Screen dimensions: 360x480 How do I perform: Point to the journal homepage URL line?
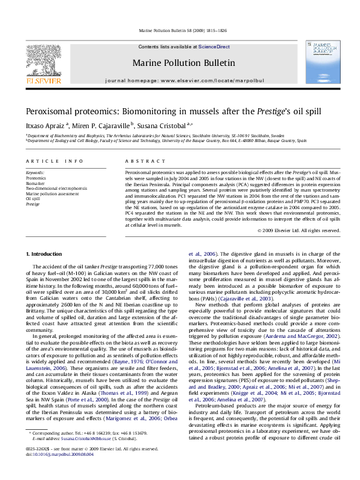(x=179, y=80)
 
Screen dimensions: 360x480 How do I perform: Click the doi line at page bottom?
(x=55, y=472)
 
